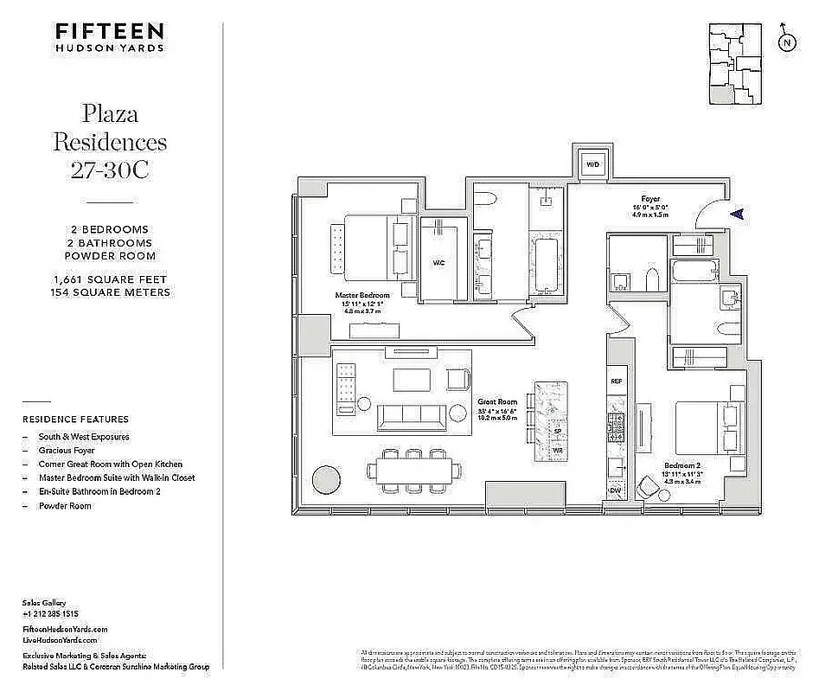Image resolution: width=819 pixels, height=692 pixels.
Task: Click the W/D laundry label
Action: point(593,164)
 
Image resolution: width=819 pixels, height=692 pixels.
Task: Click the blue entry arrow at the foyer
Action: point(736,214)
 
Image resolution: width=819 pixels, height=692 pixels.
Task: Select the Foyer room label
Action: point(650,199)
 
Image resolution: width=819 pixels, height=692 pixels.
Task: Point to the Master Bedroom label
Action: point(362,295)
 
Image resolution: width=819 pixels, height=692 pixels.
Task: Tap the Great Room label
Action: point(497,402)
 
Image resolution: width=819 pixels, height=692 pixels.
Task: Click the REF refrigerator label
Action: point(617,381)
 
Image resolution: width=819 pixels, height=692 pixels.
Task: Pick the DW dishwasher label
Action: point(616,490)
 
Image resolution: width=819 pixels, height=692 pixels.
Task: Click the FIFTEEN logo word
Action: point(109,31)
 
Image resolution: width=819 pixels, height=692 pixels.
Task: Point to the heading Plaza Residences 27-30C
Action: point(109,141)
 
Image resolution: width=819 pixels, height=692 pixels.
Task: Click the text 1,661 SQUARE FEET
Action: point(109,279)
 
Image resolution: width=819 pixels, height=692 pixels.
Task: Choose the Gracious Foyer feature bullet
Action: point(67,451)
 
